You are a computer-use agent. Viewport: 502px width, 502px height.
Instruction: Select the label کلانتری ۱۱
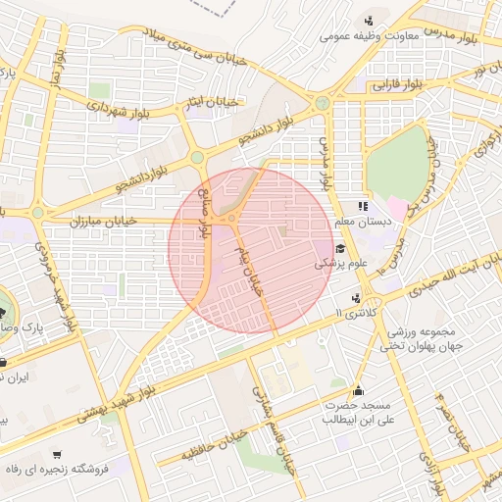pos(354,311)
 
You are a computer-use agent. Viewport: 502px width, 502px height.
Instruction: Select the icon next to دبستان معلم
pos(362,206)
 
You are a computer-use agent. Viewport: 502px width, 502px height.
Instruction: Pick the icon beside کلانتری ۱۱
pos(354,297)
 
